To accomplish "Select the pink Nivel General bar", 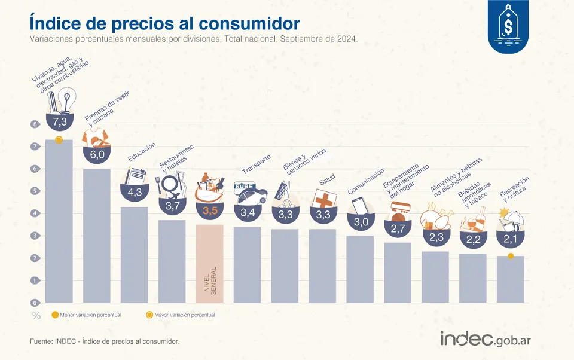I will (209, 263).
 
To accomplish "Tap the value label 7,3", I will (59, 122).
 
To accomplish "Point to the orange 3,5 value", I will (209, 210).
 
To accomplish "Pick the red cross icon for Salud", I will (323, 200).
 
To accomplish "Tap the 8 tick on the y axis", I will (35, 124).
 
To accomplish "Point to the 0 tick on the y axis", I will (35, 303).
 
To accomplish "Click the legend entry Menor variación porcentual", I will (87, 315).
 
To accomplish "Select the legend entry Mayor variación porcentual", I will (181, 315).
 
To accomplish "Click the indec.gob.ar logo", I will (486, 338).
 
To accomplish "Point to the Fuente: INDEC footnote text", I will (105, 341).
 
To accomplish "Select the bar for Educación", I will (134, 254).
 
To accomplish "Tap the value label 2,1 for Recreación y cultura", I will (510, 239).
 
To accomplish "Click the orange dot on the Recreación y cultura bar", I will (510, 256).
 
